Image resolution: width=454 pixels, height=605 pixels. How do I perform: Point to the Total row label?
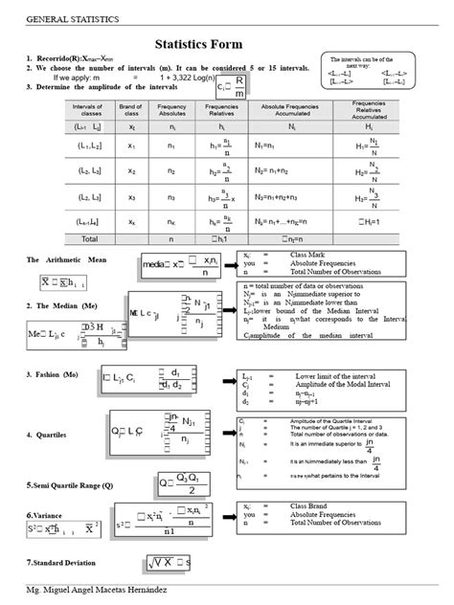[x=90, y=237]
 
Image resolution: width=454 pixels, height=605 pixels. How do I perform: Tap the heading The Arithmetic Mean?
[x=67, y=259]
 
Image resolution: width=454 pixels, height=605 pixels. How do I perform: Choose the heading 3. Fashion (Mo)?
[x=57, y=374]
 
